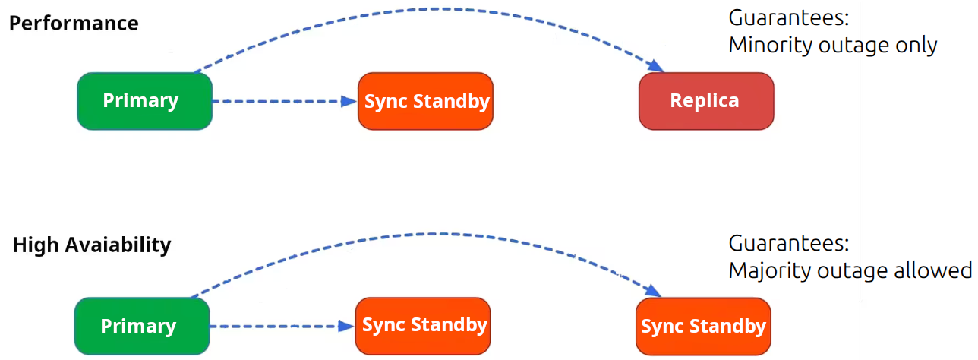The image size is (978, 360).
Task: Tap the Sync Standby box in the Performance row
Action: point(425,101)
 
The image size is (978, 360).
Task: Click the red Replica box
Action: point(705,101)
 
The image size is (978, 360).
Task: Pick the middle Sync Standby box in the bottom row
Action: point(423,325)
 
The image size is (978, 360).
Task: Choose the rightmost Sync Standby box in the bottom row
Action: point(703,326)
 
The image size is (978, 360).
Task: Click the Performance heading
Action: point(74,23)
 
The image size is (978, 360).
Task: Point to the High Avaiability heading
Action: point(92,245)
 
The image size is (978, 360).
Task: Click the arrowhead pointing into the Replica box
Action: point(655,68)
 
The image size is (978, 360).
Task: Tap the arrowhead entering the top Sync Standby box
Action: point(349,101)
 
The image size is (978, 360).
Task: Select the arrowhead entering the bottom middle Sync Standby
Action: point(346,326)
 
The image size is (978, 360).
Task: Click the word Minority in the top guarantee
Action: point(770,46)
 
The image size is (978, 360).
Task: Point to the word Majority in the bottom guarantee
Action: point(768,270)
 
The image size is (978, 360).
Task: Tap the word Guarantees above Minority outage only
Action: point(787,18)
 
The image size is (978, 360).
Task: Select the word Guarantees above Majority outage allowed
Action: point(787,244)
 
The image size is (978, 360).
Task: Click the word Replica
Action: point(705,101)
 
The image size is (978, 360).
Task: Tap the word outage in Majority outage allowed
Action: point(850,270)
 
